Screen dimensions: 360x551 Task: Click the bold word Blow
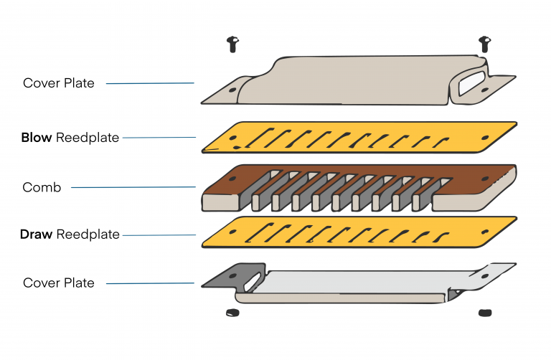[x=36, y=138]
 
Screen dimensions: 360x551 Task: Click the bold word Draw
[x=37, y=235]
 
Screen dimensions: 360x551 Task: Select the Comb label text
[x=42, y=188]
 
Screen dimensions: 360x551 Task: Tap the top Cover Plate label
[x=58, y=83]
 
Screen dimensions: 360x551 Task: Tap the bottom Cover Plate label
[x=58, y=283]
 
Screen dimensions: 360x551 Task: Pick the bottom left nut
[x=231, y=312]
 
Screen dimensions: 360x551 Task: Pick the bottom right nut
[x=484, y=313]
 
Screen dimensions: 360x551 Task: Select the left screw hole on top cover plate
[x=232, y=90]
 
